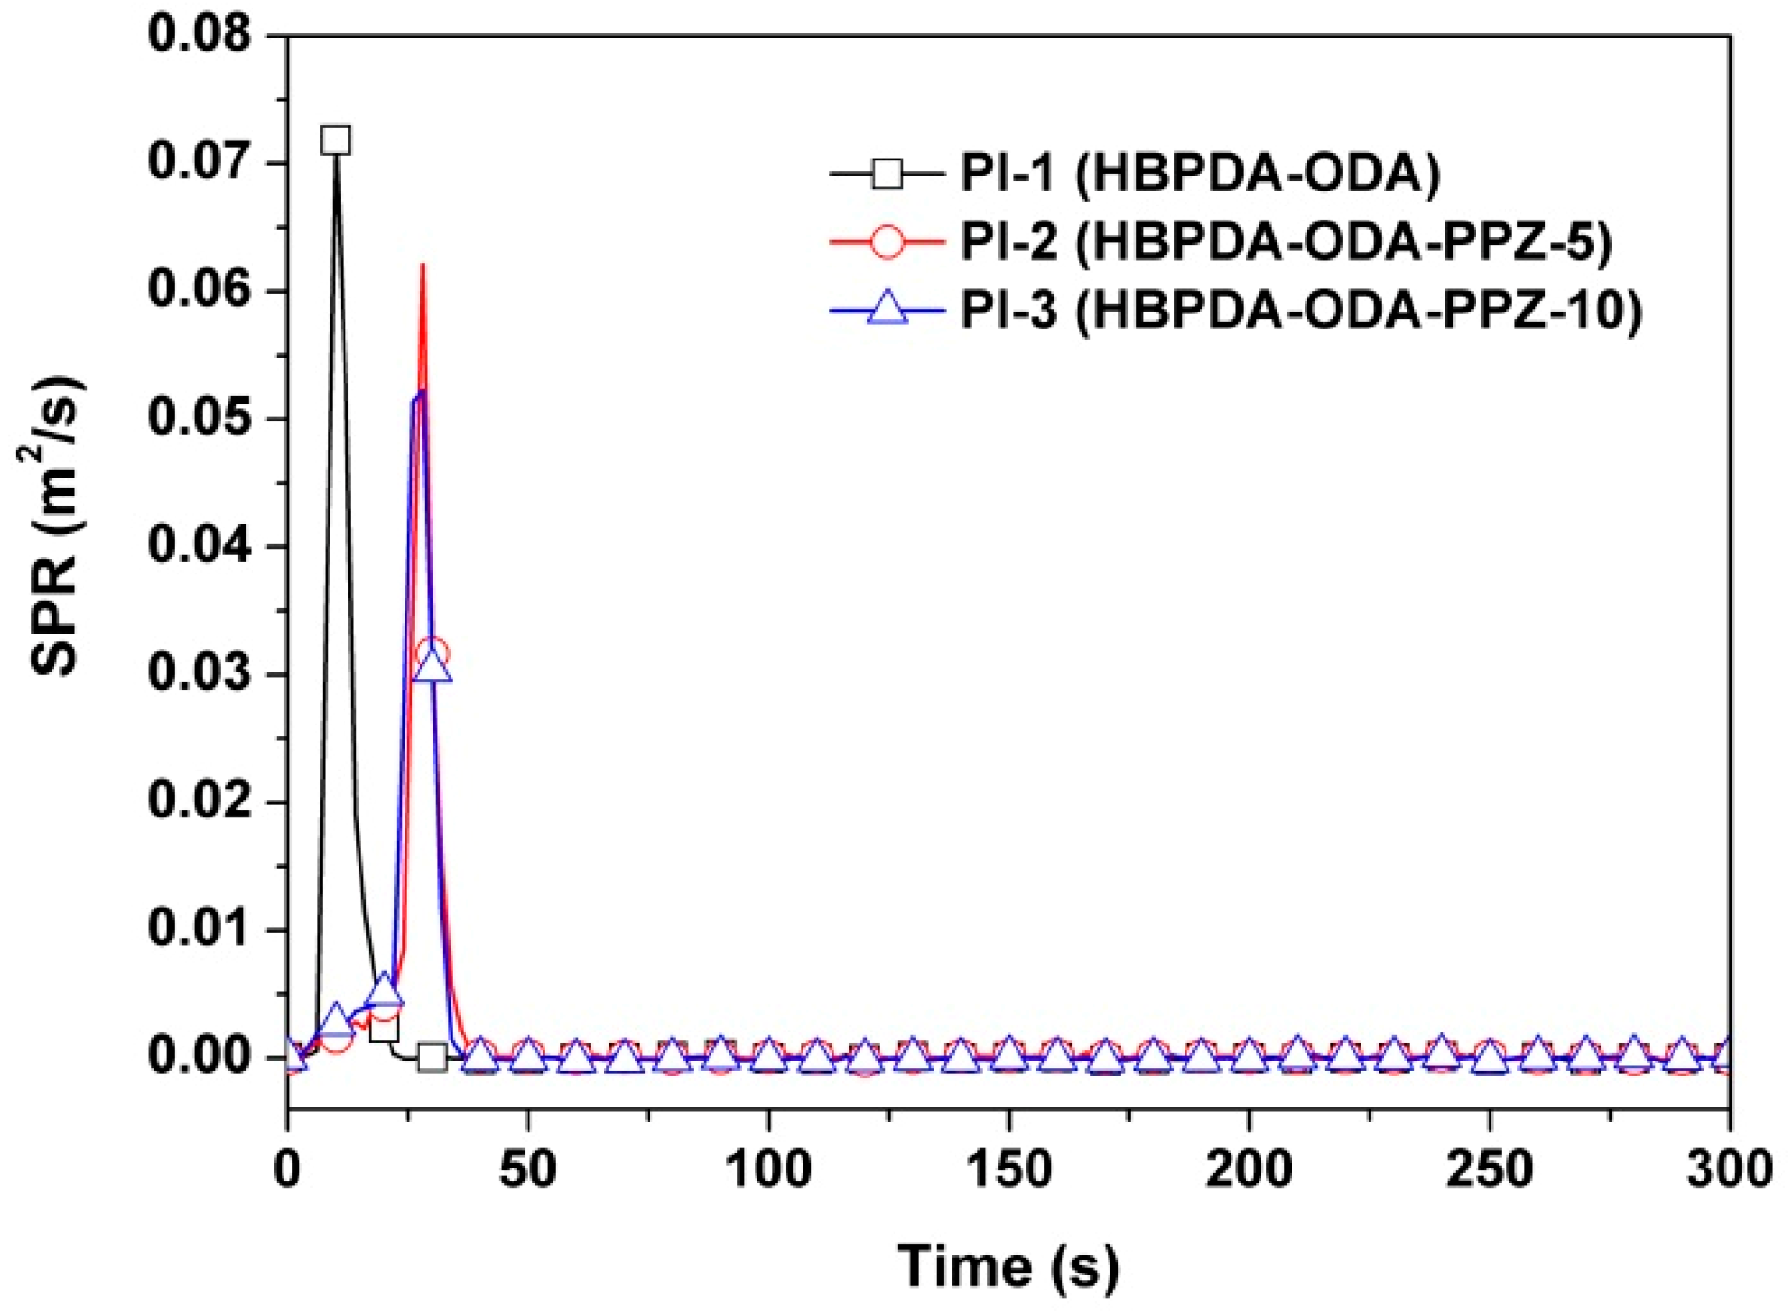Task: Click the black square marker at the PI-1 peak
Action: pyautogui.click(x=335, y=141)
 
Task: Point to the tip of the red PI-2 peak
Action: pyautogui.click(x=422, y=266)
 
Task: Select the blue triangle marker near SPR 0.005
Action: pyautogui.click(x=383, y=990)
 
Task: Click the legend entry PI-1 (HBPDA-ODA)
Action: pyautogui.click(x=1199, y=174)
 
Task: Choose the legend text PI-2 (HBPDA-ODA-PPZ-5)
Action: pyautogui.click(x=1285, y=242)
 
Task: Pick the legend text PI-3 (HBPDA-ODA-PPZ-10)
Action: pyautogui.click(x=1300, y=310)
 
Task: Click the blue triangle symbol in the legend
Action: pyautogui.click(x=886, y=309)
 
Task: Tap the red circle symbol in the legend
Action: pyautogui.click(x=886, y=241)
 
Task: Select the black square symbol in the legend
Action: pyautogui.click(x=886, y=174)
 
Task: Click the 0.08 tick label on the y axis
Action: pyautogui.click(x=200, y=35)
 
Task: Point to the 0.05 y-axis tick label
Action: pyautogui.click(x=200, y=419)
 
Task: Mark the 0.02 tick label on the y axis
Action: pyautogui.click(x=200, y=802)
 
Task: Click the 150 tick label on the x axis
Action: pyautogui.click(x=1008, y=1169)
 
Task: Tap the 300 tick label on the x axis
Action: pyautogui.click(x=1728, y=1169)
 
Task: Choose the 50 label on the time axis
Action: pyautogui.click(x=528, y=1169)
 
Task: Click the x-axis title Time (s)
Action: pyautogui.click(x=1008, y=1266)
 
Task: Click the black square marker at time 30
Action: pyautogui.click(x=432, y=1058)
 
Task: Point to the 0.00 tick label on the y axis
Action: pyautogui.click(x=200, y=1057)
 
